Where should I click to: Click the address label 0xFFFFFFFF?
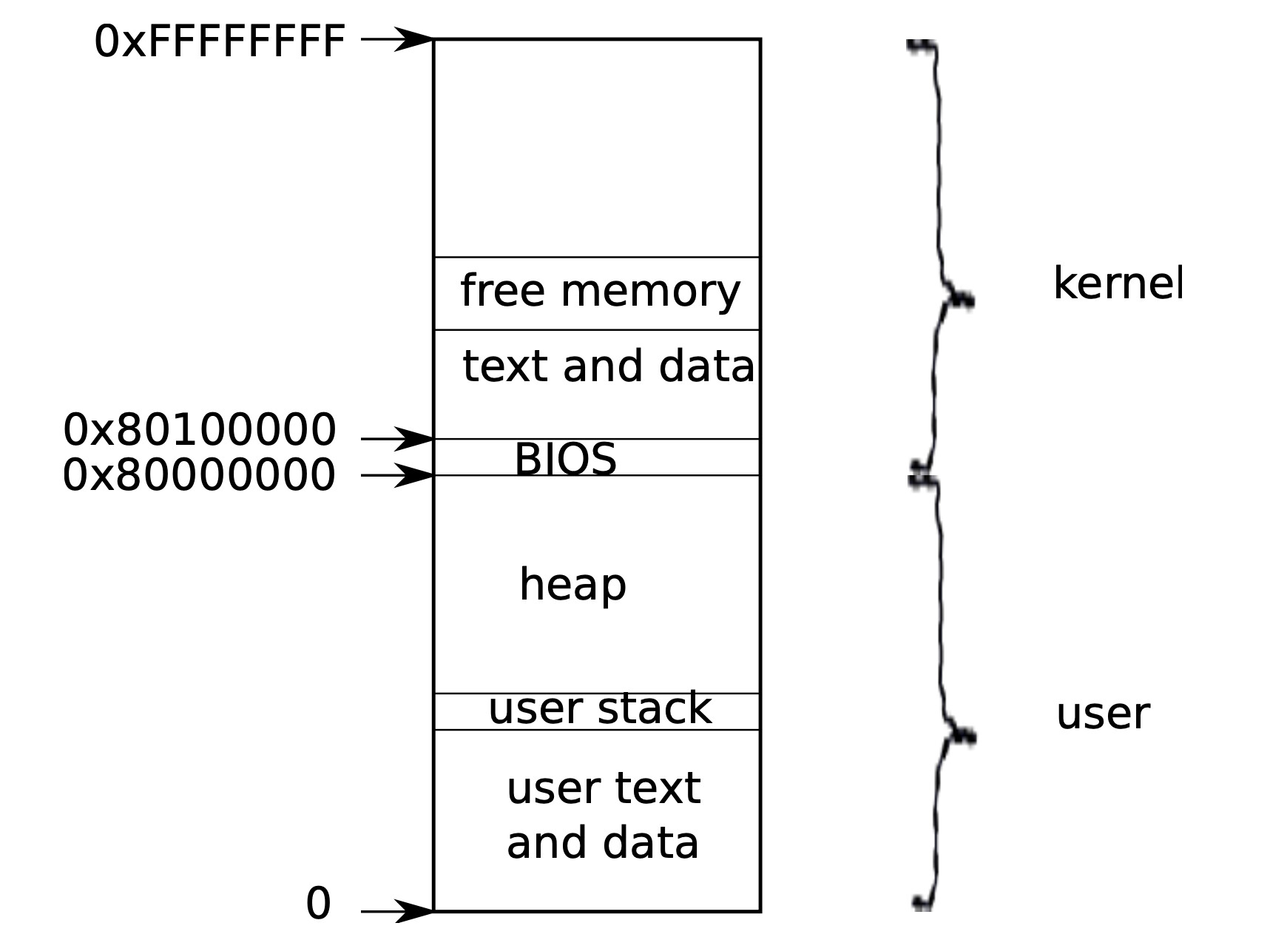pos(220,41)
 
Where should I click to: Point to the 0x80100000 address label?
pos(200,430)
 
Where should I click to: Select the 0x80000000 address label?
pos(199,474)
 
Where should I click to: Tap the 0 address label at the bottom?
pos(318,904)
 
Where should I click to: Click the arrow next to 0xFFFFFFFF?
pos(396,38)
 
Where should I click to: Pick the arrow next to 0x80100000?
pos(396,439)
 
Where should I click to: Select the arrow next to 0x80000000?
pos(396,475)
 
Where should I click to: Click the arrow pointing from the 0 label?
pos(396,911)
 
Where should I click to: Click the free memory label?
pos(600,291)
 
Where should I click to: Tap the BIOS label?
pos(565,459)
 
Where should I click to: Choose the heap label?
pos(572,585)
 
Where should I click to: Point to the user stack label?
pos(599,708)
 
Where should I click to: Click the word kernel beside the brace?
pos(1118,283)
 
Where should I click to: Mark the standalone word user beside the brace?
pos(1102,714)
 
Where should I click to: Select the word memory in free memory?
pos(650,291)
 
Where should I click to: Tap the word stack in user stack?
pos(655,708)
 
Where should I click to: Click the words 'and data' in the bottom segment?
pos(602,843)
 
